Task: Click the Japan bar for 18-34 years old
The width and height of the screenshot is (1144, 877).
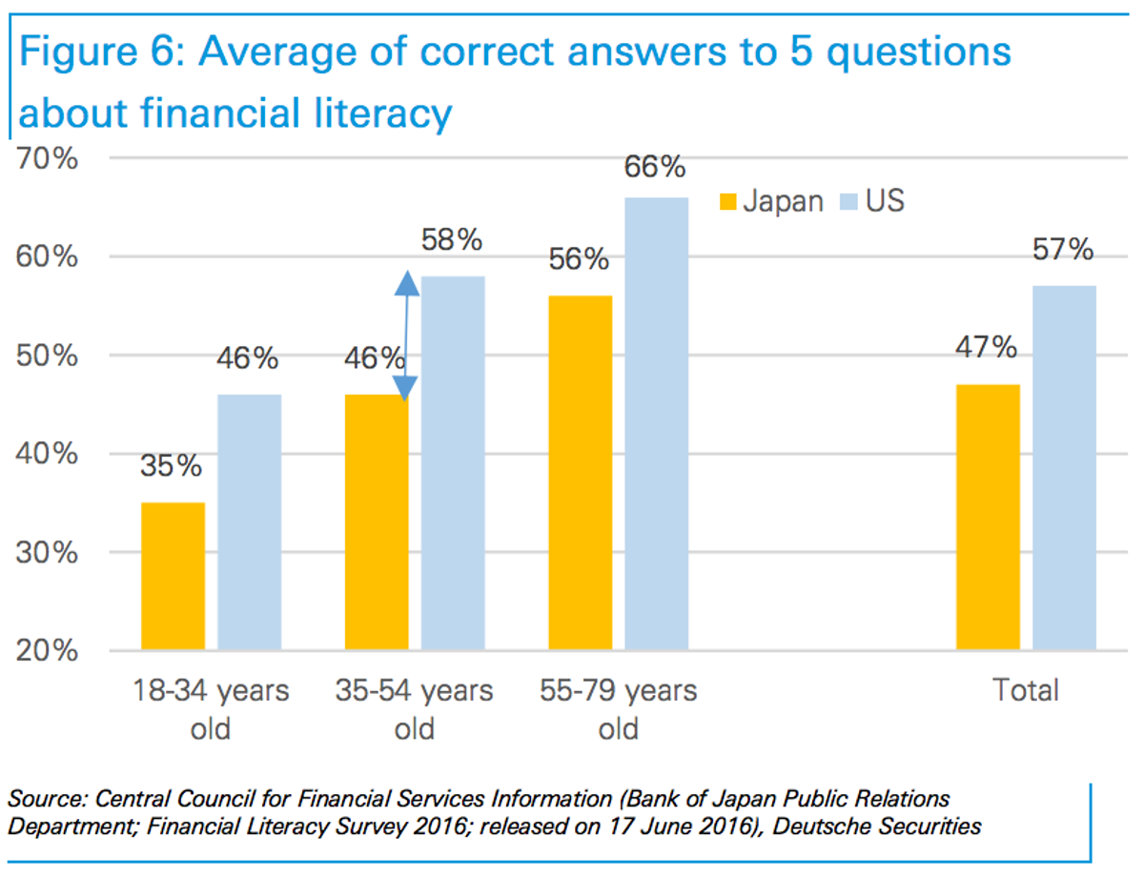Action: (x=173, y=577)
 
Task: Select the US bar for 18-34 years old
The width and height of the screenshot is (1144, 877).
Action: (x=249, y=522)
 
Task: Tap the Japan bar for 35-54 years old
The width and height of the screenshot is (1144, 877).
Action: (x=377, y=522)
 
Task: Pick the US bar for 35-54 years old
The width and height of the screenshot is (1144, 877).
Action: (x=453, y=463)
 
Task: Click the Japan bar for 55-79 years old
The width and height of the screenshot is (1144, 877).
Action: (x=580, y=473)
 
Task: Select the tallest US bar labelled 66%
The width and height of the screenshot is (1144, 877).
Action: (x=656, y=423)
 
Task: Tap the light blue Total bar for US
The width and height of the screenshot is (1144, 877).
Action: (x=1064, y=468)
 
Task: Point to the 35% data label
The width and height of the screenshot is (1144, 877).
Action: (x=172, y=466)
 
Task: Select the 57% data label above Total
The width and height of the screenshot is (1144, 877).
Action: (x=1062, y=250)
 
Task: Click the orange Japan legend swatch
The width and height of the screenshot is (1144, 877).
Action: (x=728, y=201)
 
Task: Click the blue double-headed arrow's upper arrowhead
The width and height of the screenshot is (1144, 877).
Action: (x=407, y=282)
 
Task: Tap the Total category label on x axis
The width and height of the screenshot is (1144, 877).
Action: (x=1026, y=690)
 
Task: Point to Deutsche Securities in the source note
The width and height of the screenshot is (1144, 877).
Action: (x=877, y=826)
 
